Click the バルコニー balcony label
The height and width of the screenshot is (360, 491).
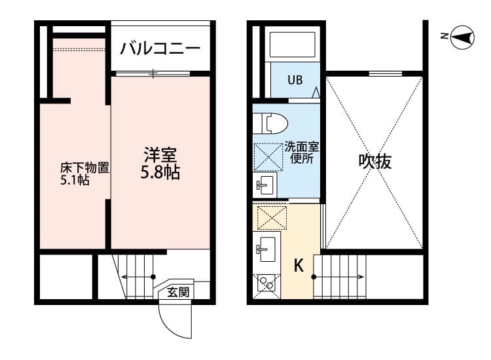pos(161,49)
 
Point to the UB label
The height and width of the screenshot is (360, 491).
pos(295,81)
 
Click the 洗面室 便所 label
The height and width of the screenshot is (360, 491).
pos(301,152)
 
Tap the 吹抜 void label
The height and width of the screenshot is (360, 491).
pos(375,161)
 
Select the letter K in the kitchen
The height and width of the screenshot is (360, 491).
pos(299,266)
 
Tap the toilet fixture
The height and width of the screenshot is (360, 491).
pos(270,122)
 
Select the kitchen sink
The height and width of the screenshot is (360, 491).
pos(266,248)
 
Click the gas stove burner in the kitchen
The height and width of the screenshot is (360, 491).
pos(266,283)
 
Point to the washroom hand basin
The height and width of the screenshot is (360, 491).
pos(265,185)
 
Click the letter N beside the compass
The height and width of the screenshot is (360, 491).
pos(444,37)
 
